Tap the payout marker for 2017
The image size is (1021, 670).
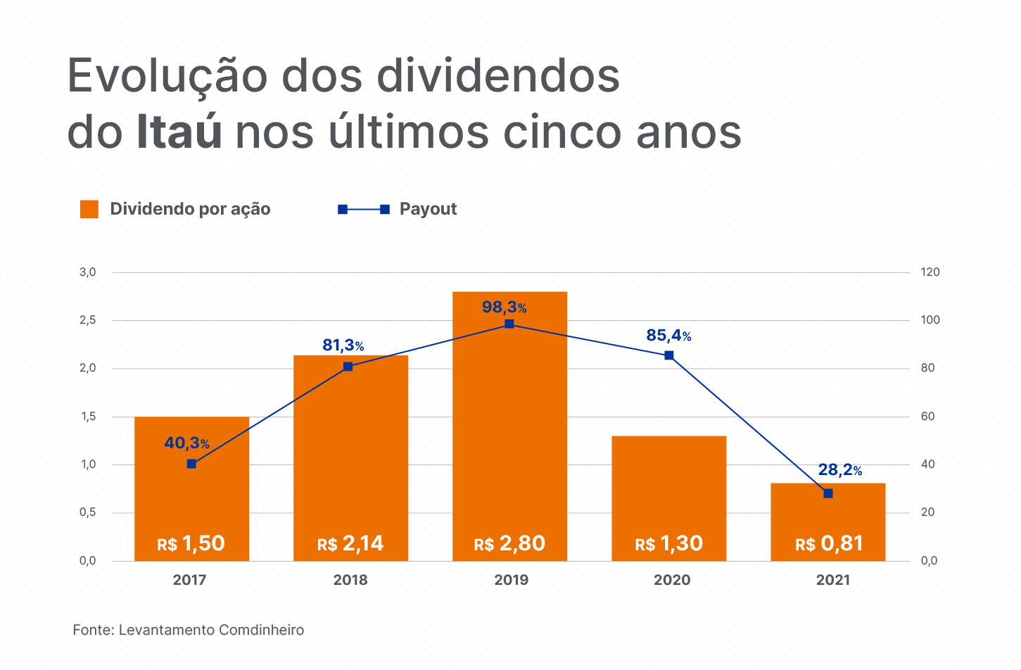pos(191,464)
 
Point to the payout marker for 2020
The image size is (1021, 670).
pos(668,355)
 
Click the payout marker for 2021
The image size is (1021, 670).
pos(827,493)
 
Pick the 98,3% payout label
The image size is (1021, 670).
pos(504,307)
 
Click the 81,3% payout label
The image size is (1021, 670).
pos(343,346)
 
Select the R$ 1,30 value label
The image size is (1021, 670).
pos(668,543)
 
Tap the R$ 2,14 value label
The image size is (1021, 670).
pos(350,543)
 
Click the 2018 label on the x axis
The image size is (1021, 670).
pos(350,580)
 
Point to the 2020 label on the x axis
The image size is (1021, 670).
pos(672,580)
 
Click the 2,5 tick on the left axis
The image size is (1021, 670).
pos(88,320)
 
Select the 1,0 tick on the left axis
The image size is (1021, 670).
pos(88,464)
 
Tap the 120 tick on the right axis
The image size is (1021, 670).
pos(930,272)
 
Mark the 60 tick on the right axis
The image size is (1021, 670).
pos(928,417)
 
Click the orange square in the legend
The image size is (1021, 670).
pos(89,209)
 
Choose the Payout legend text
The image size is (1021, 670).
pos(428,209)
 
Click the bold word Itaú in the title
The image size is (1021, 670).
pos(179,132)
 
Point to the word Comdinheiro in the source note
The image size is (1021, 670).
pos(261,630)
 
